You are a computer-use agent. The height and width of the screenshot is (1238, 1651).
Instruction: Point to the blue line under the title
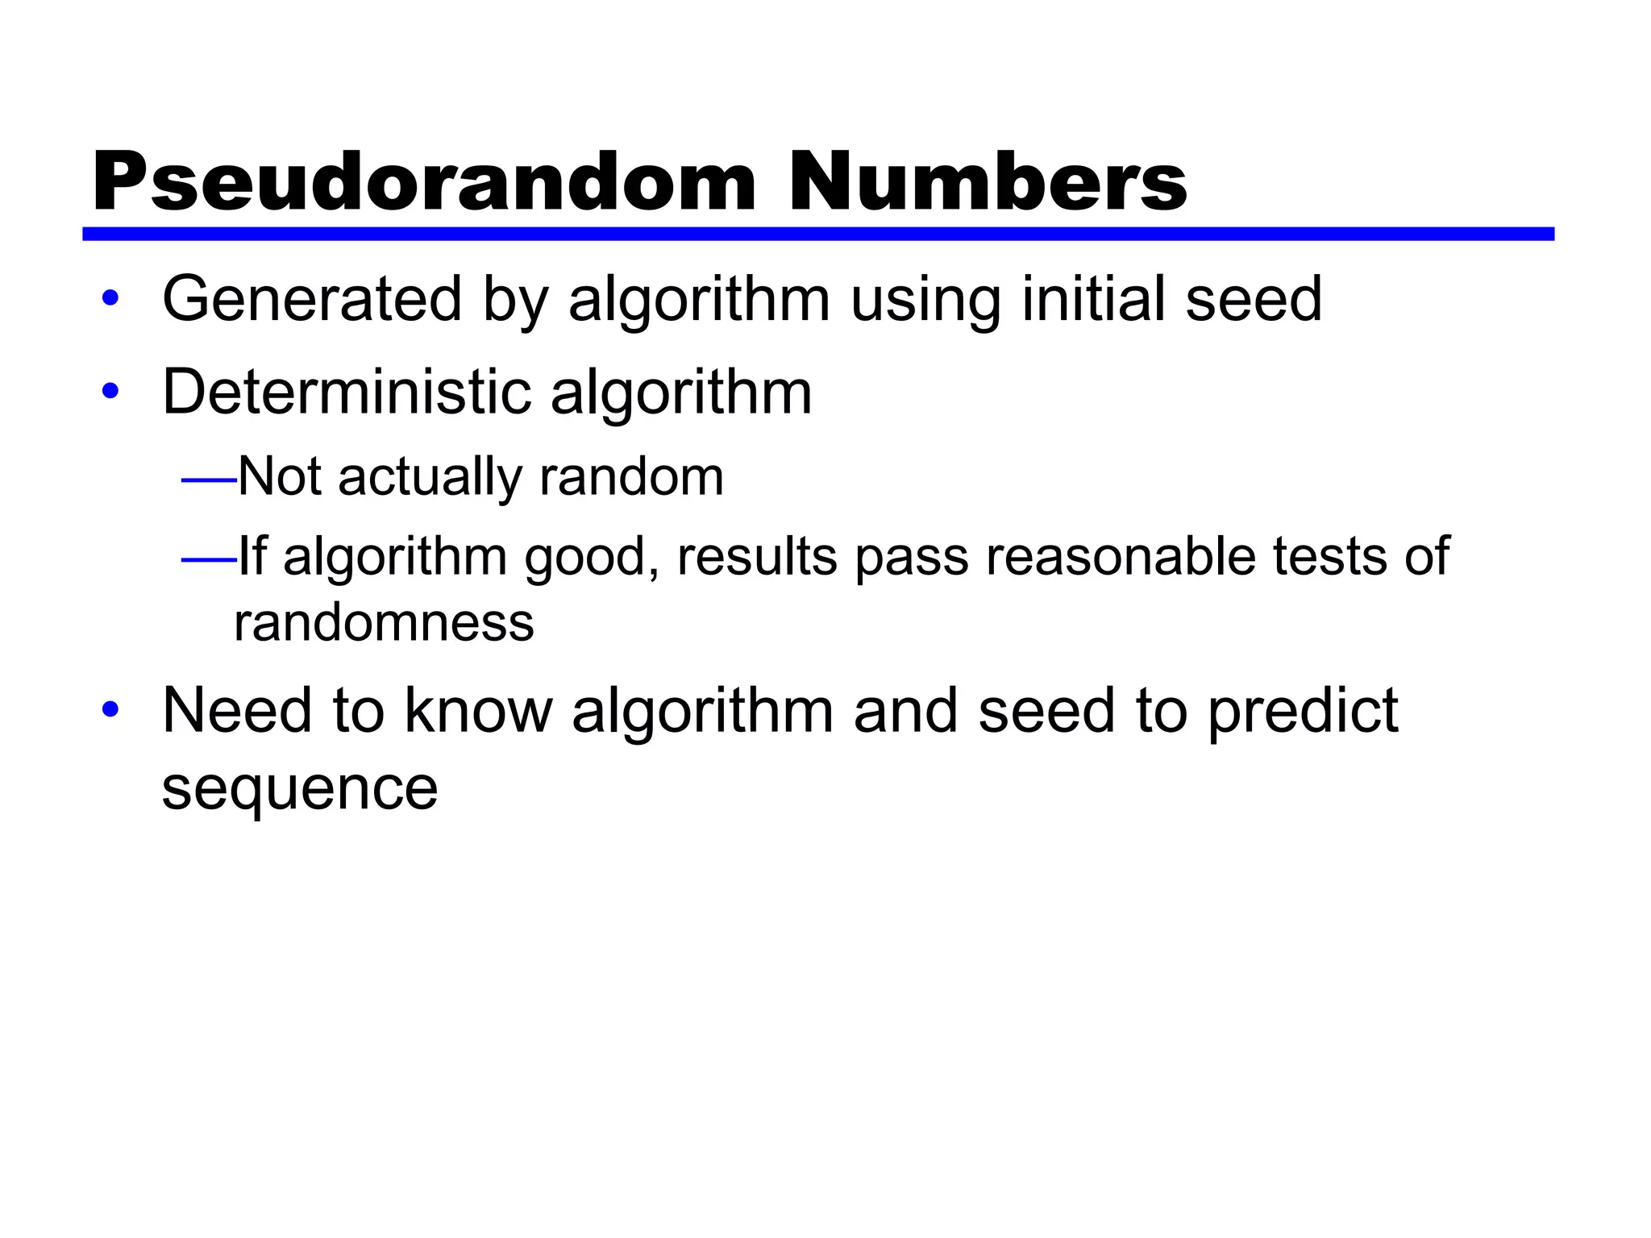(x=817, y=234)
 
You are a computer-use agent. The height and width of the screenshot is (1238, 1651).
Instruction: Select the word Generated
(x=312, y=299)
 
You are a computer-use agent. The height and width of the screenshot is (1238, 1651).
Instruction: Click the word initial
(x=1093, y=299)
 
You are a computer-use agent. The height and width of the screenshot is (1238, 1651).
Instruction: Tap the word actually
(x=430, y=477)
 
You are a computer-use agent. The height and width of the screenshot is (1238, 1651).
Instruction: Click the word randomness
(x=384, y=623)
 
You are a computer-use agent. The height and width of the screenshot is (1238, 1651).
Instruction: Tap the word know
(x=478, y=710)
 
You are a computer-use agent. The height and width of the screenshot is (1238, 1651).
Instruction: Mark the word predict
(x=1303, y=712)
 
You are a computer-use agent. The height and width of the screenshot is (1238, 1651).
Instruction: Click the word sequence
(x=300, y=790)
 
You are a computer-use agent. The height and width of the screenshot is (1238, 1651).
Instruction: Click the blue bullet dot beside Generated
(x=110, y=298)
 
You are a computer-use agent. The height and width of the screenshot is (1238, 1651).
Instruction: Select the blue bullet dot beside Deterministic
(x=110, y=392)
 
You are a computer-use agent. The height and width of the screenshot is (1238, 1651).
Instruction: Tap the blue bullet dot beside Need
(x=110, y=710)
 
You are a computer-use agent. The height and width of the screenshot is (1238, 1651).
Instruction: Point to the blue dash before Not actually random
(x=209, y=480)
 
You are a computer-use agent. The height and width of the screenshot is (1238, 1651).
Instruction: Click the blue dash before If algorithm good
(x=209, y=559)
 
